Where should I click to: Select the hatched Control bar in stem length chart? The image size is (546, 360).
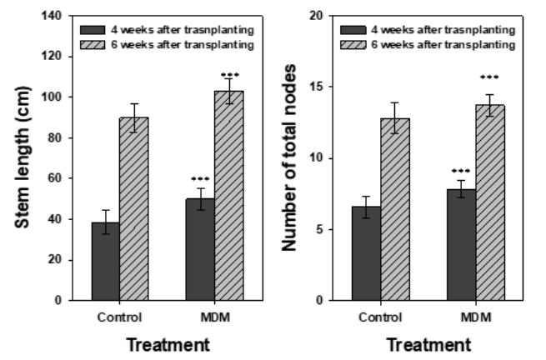[x=133, y=208]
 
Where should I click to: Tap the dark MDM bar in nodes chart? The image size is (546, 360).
[x=461, y=245]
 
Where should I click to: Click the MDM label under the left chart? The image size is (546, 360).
[x=214, y=317]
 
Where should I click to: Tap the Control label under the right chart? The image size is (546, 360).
[x=381, y=317]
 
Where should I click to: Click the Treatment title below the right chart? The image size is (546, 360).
[x=428, y=344]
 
